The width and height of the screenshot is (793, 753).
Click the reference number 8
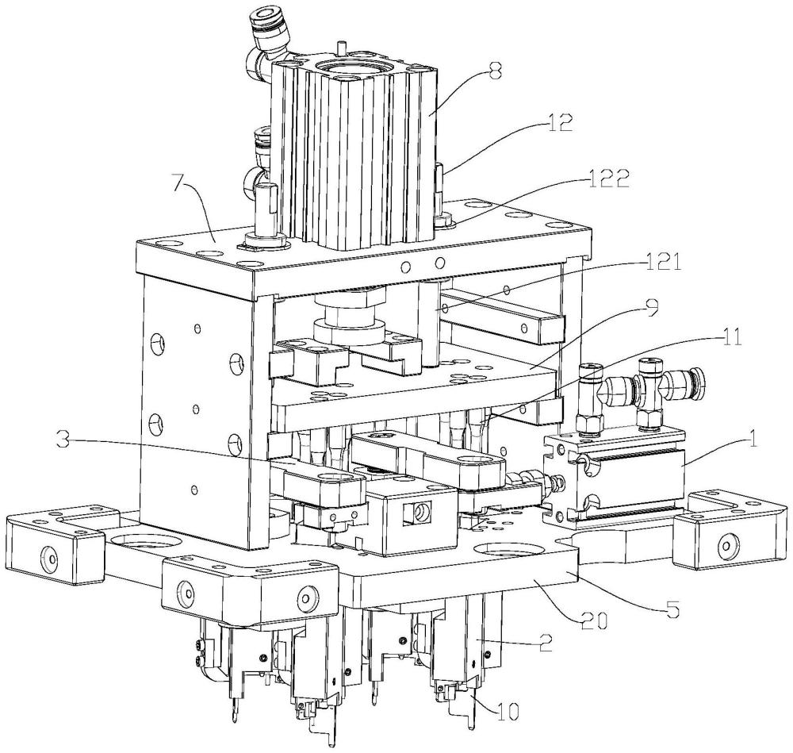[x=495, y=72]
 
